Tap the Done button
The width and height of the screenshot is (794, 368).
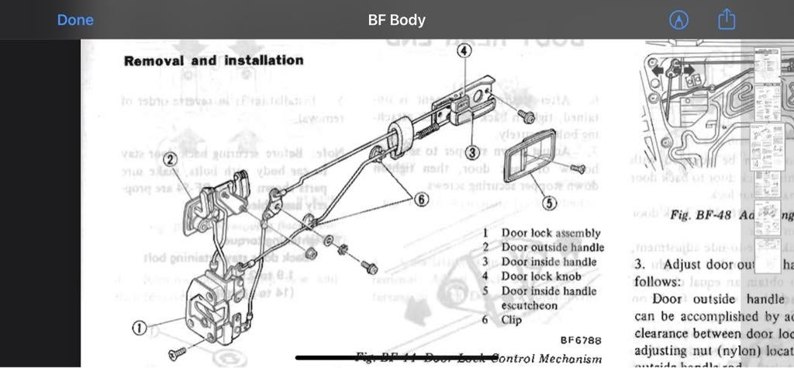point(75,20)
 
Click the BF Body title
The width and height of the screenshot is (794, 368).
point(396,20)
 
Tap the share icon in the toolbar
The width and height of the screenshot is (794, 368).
point(727,20)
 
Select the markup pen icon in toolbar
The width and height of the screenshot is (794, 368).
point(678,20)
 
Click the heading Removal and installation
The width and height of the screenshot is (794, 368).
point(213,61)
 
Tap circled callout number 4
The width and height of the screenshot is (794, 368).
point(464,51)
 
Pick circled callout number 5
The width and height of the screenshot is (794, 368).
point(549,203)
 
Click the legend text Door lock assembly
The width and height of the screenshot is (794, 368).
point(551,233)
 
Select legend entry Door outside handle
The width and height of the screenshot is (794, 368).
point(552,248)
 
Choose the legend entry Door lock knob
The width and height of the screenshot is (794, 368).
point(544,276)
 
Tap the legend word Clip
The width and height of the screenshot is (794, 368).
point(512,319)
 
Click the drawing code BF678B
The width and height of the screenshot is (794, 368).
point(581,340)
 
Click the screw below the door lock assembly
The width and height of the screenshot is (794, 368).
point(178,352)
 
